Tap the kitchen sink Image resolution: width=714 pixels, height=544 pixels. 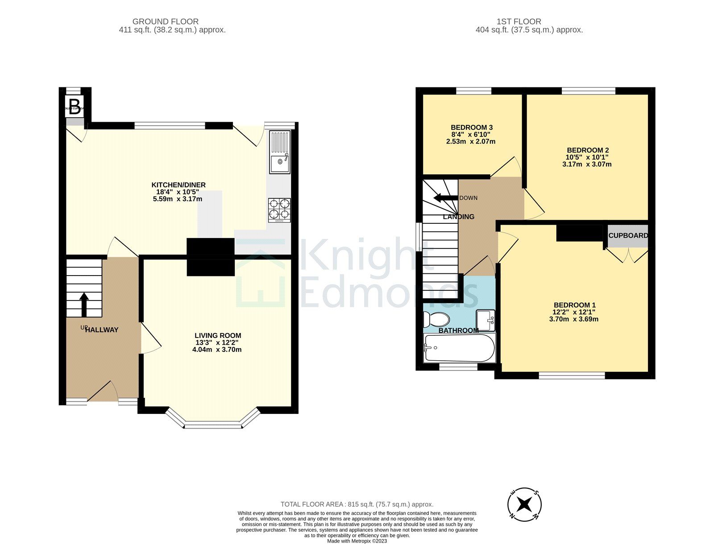click(280, 152)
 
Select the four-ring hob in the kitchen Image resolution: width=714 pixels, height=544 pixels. click(279, 210)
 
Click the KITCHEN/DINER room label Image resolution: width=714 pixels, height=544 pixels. click(178, 185)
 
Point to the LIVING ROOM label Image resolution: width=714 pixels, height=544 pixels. click(218, 336)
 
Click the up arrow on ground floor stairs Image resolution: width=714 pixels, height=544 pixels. click(84, 304)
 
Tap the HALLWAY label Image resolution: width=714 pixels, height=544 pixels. click(102, 330)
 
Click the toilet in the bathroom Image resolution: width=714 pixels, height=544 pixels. click(436, 319)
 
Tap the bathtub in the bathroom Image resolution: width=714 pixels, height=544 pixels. click(459, 348)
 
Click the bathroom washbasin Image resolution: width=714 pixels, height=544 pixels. click(486, 320)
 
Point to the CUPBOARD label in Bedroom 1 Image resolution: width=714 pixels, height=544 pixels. click(628, 235)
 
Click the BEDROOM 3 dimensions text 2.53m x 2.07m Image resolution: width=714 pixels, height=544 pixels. click(471, 141)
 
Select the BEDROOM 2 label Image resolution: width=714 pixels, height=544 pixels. click(588, 150)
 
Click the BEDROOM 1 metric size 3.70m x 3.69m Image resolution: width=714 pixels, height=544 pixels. click(573, 319)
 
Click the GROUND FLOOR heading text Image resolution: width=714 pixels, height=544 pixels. click(166, 21)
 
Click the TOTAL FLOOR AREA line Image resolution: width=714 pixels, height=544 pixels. click(357, 504)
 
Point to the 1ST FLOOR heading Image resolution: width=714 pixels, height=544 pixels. click(519, 21)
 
